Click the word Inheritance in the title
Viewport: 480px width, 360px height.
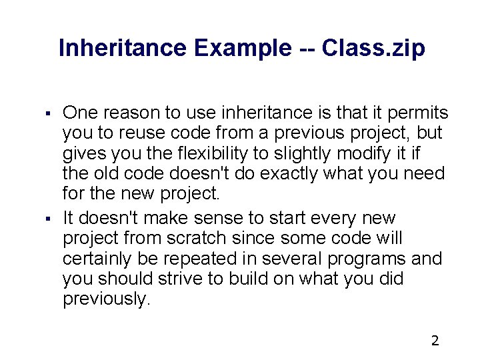coord(123,48)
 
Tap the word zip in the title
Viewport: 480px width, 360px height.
coord(405,48)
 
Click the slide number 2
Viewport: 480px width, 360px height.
coord(435,341)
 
